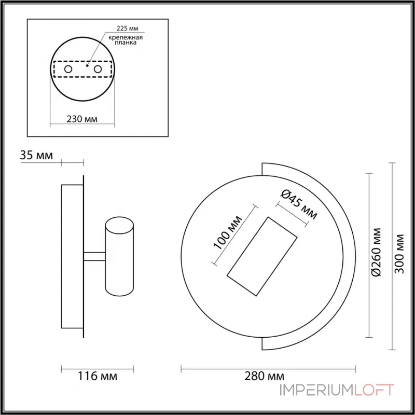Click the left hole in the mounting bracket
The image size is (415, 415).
click(x=68, y=69)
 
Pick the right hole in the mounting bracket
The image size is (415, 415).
click(x=98, y=69)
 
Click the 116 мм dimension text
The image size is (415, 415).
click(x=97, y=376)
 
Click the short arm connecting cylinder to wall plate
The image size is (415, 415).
click(x=94, y=256)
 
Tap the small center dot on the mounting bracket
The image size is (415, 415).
click(x=87, y=66)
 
